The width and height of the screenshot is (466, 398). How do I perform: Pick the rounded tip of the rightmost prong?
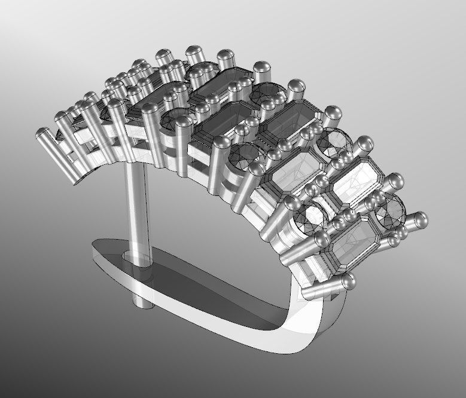pos(421,219)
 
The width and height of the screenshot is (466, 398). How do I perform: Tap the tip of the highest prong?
pos(193,51)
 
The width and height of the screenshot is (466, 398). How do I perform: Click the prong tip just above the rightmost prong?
pos(395,181)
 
